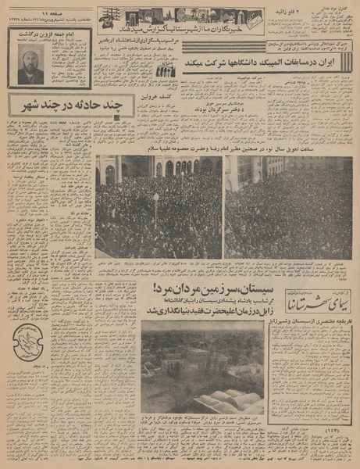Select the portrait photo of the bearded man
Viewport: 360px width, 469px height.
[x=30, y=64]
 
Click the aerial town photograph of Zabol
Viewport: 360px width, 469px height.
[x=203, y=367]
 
